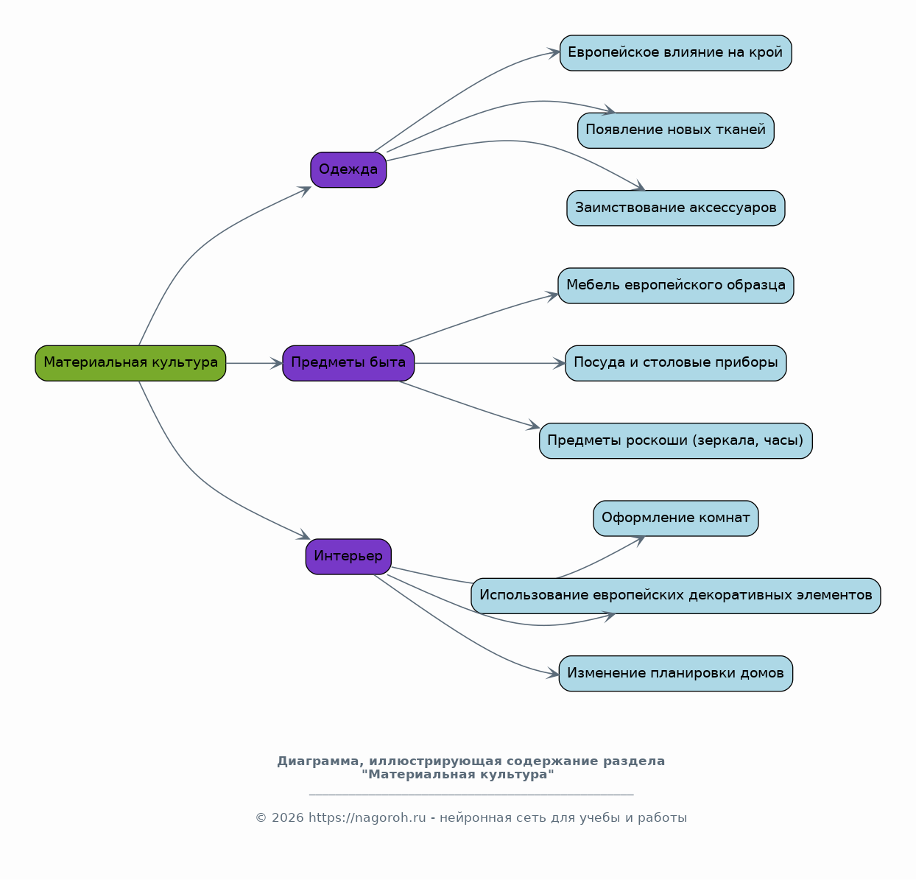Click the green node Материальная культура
click(x=130, y=363)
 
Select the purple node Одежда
click(x=348, y=169)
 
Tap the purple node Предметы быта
click(x=348, y=363)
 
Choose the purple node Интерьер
click(x=348, y=557)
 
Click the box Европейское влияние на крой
click(x=675, y=53)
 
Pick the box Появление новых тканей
click(x=675, y=130)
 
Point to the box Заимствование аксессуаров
click(x=675, y=208)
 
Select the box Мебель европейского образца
click(x=675, y=286)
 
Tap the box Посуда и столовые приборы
click(x=675, y=363)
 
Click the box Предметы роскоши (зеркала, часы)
click(x=675, y=440)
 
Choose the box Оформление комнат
click(x=675, y=518)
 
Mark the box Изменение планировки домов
click(x=675, y=674)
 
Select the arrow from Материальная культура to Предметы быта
click(x=254, y=363)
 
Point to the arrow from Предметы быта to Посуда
click(x=490, y=363)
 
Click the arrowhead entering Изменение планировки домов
click(x=552, y=675)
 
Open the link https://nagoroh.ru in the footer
click(x=367, y=818)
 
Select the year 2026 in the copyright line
click(x=288, y=818)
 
